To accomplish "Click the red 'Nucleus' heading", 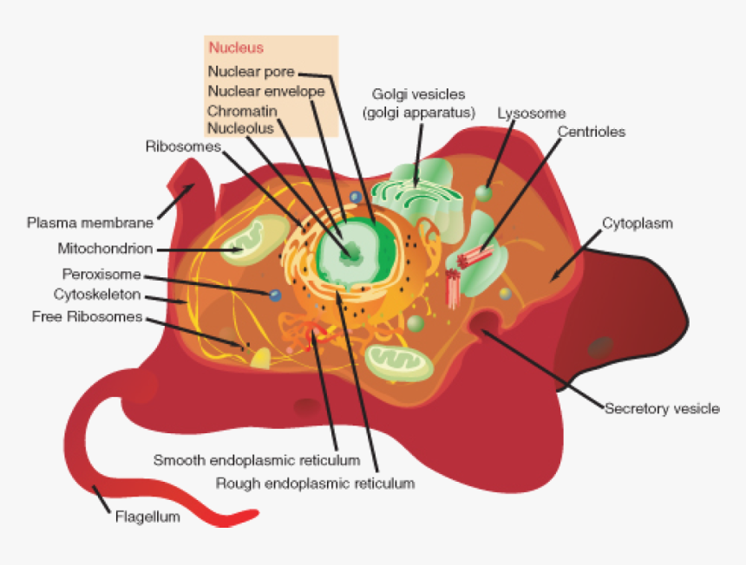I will pyautogui.click(x=236, y=49).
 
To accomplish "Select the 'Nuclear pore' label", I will pyautogui.click(x=252, y=72).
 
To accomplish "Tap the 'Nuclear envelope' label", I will pyautogui.click(x=266, y=92).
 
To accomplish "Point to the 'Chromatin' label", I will pyautogui.click(x=242, y=111).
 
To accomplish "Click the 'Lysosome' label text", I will pyautogui.click(x=531, y=114).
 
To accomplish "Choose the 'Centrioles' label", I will pyautogui.click(x=591, y=133).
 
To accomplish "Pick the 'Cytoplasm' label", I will pyautogui.click(x=638, y=224).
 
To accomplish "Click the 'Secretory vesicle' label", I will pyautogui.click(x=662, y=408).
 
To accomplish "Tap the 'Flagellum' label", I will pyautogui.click(x=147, y=518).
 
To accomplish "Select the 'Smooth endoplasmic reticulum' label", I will pyautogui.click(x=257, y=459).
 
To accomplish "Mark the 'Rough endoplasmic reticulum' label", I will pyautogui.click(x=315, y=482).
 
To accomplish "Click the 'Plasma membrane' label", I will pyautogui.click(x=90, y=223).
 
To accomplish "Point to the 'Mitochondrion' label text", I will pyautogui.click(x=105, y=249).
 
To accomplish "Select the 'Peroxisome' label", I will pyautogui.click(x=101, y=275).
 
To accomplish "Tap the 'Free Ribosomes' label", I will pyautogui.click(x=87, y=317).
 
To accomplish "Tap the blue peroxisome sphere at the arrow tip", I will pyautogui.click(x=275, y=295).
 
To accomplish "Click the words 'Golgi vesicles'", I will pyautogui.click(x=419, y=94).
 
